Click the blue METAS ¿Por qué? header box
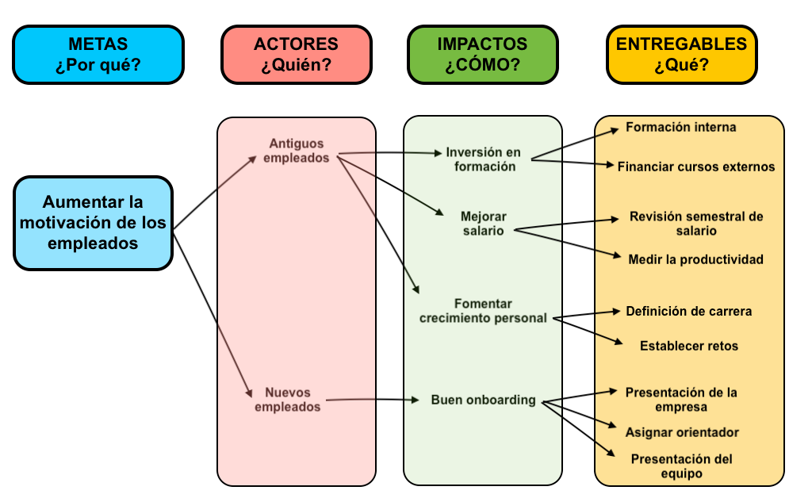tap(98, 54)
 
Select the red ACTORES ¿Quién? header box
tap(296, 54)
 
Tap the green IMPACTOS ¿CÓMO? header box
tap(482, 54)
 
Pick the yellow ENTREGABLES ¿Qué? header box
tap(681, 54)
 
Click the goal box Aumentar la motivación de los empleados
tap(93, 223)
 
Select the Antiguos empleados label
tap(297, 150)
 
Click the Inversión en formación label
tap(483, 159)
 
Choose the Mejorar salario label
tap(483, 224)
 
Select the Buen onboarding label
tap(483, 400)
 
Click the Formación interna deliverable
tap(680, 127)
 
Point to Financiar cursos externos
tap(695, 167)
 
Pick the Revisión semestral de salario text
tap(695, 224)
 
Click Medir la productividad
tap(695, 259)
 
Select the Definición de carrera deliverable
tap(688, 311)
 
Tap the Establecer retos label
tap(688, 346)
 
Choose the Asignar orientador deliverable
tap(682, 432)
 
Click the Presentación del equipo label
tap(681, 466)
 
